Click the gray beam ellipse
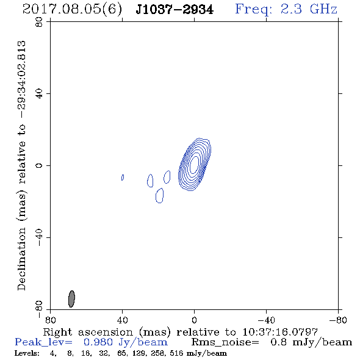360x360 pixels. (71, 299)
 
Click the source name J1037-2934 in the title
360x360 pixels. (175, 10)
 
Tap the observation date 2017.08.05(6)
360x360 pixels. (72, 10)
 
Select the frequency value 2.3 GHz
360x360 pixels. (309, 9)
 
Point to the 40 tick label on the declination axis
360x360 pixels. (39, 94)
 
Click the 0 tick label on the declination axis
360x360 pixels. (39, 165)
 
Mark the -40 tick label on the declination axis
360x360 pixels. (39, 237)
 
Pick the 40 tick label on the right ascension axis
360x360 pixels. (122, 320)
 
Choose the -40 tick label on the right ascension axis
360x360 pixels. (266, 320)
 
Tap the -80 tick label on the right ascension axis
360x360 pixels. (338, 320)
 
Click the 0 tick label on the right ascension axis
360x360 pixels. (194, 320)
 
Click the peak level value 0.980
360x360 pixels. (98, 342)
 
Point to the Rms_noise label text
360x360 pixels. (225, 342)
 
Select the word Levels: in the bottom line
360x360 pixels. (27, 353)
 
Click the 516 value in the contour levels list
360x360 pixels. (176, 353)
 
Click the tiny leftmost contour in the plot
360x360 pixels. (123, 178)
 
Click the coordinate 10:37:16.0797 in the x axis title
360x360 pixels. (280, 332)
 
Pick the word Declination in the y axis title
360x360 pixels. (21, 259)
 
